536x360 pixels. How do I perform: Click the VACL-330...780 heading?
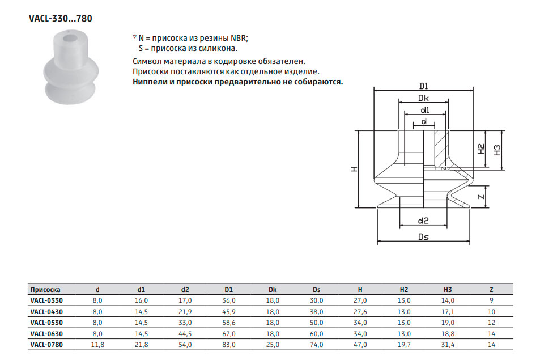coord(61,19)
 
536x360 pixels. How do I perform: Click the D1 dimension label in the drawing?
coord(424,86)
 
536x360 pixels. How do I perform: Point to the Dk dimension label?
coord(424,98)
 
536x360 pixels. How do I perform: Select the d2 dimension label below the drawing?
coord(423,221)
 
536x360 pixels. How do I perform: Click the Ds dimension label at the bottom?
coord(424,237)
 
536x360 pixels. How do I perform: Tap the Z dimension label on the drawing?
coord(481,197)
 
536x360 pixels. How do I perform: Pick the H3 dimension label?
coord(497,150)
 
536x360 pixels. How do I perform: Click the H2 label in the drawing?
coord(481,149)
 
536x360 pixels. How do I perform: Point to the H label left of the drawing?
coord(354,169)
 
